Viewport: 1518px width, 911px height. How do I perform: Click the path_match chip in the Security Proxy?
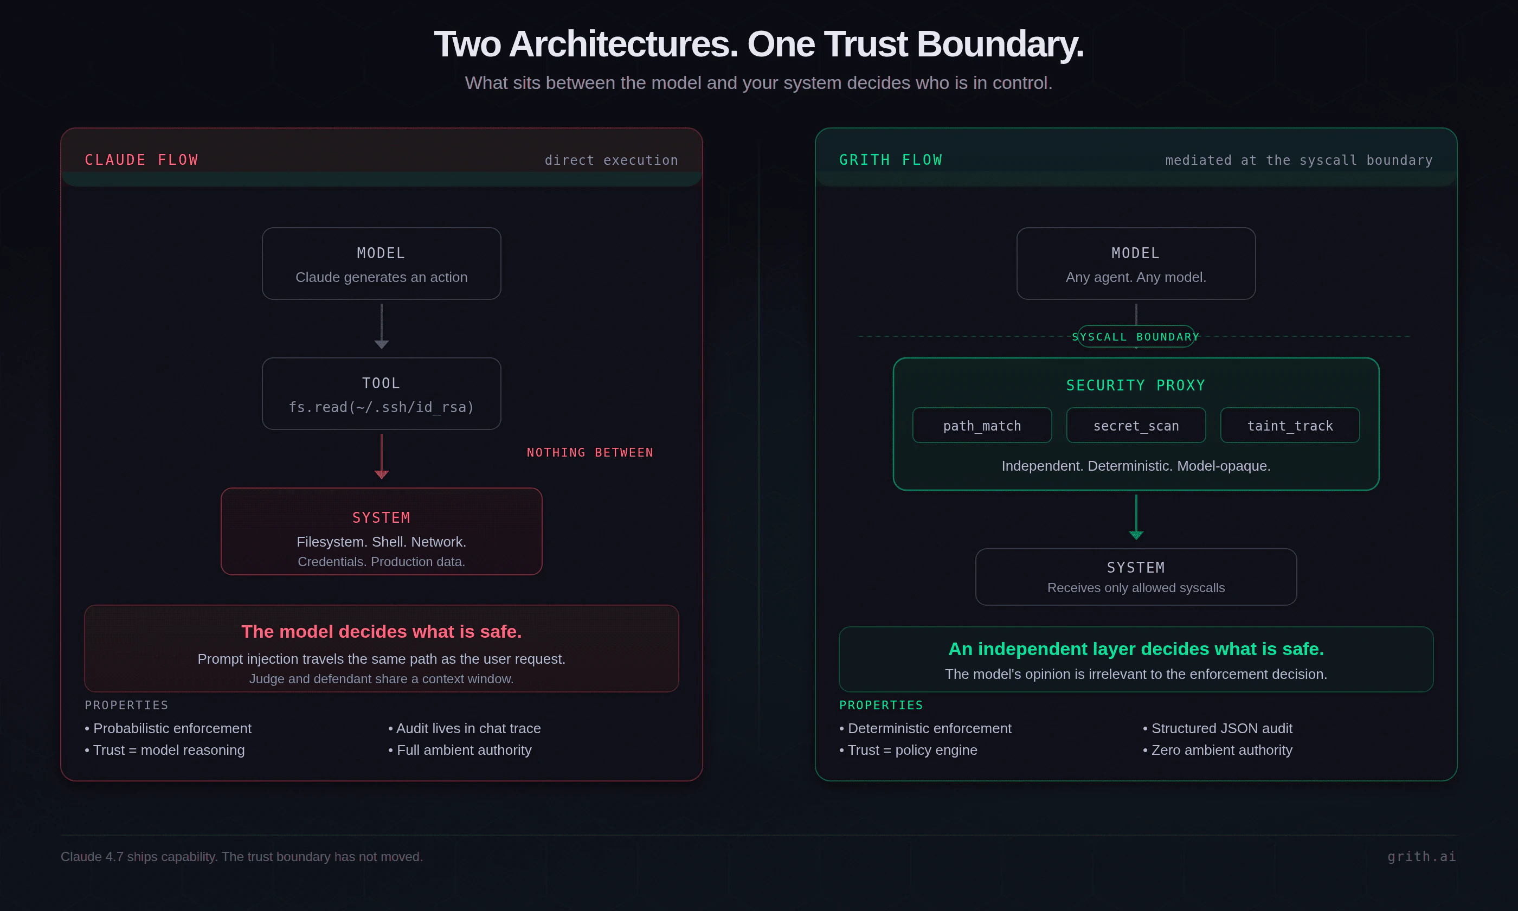click(x=982, y=426)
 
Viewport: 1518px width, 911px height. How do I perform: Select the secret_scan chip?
click(x=1136, y=426)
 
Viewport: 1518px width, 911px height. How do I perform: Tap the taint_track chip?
click(x=1290, y=426)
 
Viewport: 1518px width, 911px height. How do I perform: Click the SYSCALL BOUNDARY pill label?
click(x=1136, y=336)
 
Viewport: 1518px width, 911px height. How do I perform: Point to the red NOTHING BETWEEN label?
click(x=590, y=452)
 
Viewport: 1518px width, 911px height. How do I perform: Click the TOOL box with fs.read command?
click(x=381, y=394)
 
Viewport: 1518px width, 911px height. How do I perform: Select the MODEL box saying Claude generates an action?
click(x=381, y=264)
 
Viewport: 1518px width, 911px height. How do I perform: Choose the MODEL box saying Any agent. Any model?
click(x=1136, y=264)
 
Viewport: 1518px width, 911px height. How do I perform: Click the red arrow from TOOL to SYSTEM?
click(x=381, y=456)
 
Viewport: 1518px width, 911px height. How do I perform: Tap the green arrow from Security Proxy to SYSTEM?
click(x=1136, y=517)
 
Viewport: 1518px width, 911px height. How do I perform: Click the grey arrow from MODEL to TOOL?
click(x=381, y=326)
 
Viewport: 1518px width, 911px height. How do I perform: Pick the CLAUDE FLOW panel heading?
click(x=141, y=160)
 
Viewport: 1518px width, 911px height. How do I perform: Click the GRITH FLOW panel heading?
click(x=890, y=160)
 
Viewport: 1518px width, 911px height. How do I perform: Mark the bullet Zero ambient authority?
click(x=1221, y=750)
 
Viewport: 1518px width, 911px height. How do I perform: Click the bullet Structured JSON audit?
click(x=1221, y=728)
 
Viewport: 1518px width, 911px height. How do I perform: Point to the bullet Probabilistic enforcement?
click(x=172, y=728)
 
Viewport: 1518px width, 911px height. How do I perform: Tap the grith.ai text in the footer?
click(x=1421, y=856)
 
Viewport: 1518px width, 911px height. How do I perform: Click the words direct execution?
click(x=611, y=160)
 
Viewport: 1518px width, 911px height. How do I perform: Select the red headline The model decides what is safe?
click(x=381, y=632)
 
